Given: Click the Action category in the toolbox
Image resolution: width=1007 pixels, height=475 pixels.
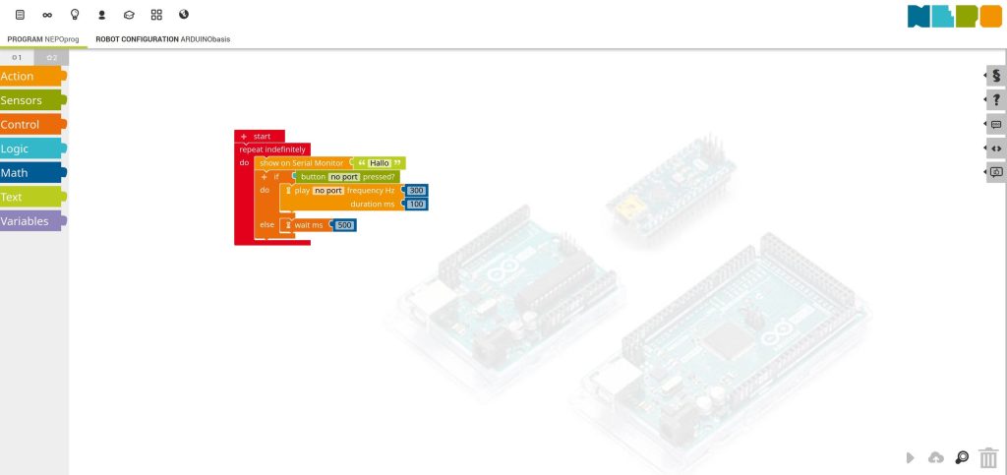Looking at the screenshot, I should pyautogui.click(x=30, y=77).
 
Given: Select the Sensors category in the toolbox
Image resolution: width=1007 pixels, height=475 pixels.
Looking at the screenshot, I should pyautogui.click(x=30, y=100).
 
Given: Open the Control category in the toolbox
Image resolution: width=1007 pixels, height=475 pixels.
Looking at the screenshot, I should pyautogui.click(x=30, y=125).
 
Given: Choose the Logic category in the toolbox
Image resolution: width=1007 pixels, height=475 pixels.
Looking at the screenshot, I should pyautogui.click(x=30, y=148).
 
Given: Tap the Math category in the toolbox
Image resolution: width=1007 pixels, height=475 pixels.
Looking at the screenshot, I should pyautogui.click(x=30, y=173).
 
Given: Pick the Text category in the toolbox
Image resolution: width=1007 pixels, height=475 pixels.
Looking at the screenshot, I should pyautogui.click(x=30, y=197).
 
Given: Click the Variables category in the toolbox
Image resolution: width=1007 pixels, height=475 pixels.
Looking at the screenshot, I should pyautogui.click(x=30, y=221).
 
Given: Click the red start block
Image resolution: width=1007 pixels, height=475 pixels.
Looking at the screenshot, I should pyautogui.click(x=261, y=136).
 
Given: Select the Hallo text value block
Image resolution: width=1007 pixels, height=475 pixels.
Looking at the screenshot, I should pyautogui.click(x=380, y=162).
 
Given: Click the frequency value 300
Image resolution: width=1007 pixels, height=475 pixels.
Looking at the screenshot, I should pyautogui.click(x=416, y=190).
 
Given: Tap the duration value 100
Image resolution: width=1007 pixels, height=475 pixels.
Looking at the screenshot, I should pyautogui.click(x=416, y=204).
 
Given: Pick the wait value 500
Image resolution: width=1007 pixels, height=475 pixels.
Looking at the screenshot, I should pyautogui.click(x=344, y=225).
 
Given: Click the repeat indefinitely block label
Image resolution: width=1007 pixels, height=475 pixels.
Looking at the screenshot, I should pyautogui.click(x=272, y=149).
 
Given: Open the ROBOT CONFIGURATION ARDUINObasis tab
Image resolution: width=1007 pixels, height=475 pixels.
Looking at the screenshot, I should pyautogui.click(x=163, y=39).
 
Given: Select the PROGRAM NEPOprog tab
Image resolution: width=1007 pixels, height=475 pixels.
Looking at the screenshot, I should pyautogui.click(x=44, y=39).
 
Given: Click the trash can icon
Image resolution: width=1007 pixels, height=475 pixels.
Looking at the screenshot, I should pyautogui.click(x=988, y=457).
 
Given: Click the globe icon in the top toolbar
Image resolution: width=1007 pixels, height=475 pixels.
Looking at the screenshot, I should pyautogui.click(x=183, y=15).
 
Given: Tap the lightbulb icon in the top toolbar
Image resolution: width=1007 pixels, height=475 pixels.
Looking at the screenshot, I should pyautogui.click(x=75, y=15).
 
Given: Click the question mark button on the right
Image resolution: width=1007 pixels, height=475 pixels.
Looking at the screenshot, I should pyautogui.click(x=996, y=99).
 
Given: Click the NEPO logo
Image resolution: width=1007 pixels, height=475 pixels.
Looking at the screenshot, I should pyautogui.click(x=941, y=16).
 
